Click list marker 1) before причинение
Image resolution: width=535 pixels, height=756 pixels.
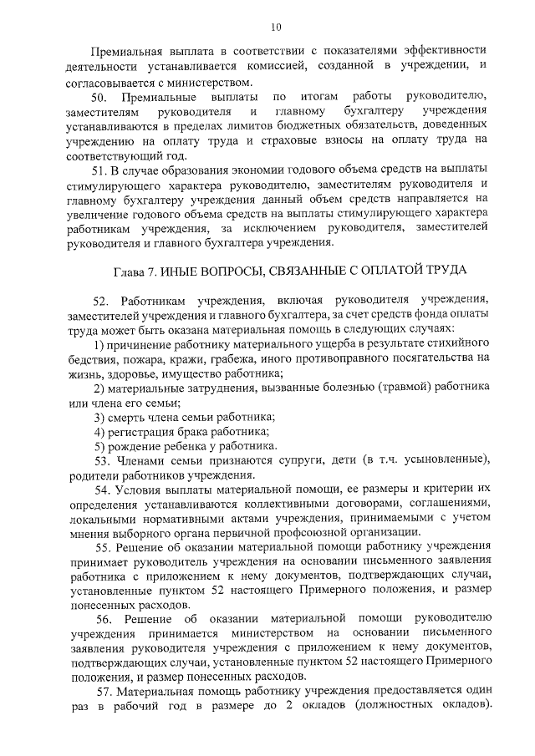tap(99, 344)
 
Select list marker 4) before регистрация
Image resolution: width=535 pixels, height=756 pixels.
tap(99, 431)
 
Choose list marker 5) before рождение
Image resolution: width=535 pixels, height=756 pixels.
tap(99, 445)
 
